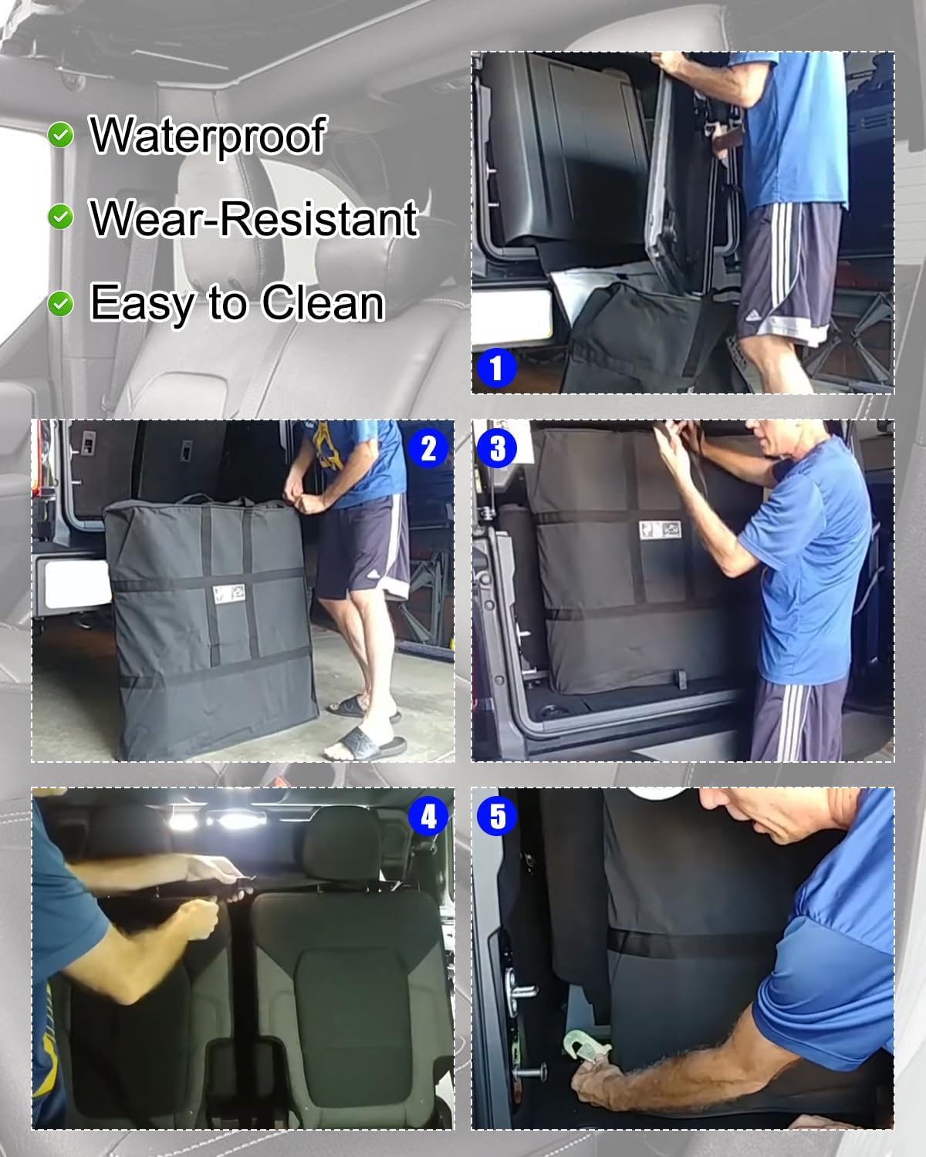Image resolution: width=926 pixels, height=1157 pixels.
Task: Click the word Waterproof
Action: click(x=208, y=136)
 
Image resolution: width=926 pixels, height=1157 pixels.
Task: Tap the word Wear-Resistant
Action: click(x=253, y=218)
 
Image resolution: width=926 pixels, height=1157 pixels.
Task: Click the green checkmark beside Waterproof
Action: click(x=60, y=135)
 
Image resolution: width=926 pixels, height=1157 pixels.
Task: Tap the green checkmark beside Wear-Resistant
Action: click(x=60, y=218)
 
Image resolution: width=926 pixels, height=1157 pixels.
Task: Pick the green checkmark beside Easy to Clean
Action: click(x=60, y=305)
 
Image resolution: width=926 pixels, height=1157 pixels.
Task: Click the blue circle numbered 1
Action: click(x=496, y=369)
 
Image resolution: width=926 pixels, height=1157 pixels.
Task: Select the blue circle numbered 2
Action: click(x=428, y=448)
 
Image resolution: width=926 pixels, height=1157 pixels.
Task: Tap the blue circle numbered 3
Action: click(x=497, y=448)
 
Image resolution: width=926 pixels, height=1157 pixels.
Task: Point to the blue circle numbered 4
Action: click(x=428, y=816)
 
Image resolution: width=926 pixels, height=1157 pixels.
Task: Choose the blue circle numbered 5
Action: click(x=497, y=816)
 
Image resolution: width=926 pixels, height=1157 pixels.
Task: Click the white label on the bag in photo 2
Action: click(x=230, y=593)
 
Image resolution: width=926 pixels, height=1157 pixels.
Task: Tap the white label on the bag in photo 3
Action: click(x=660, y=530)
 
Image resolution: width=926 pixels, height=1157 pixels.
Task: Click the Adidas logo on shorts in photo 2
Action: click(x=373, y=576)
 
